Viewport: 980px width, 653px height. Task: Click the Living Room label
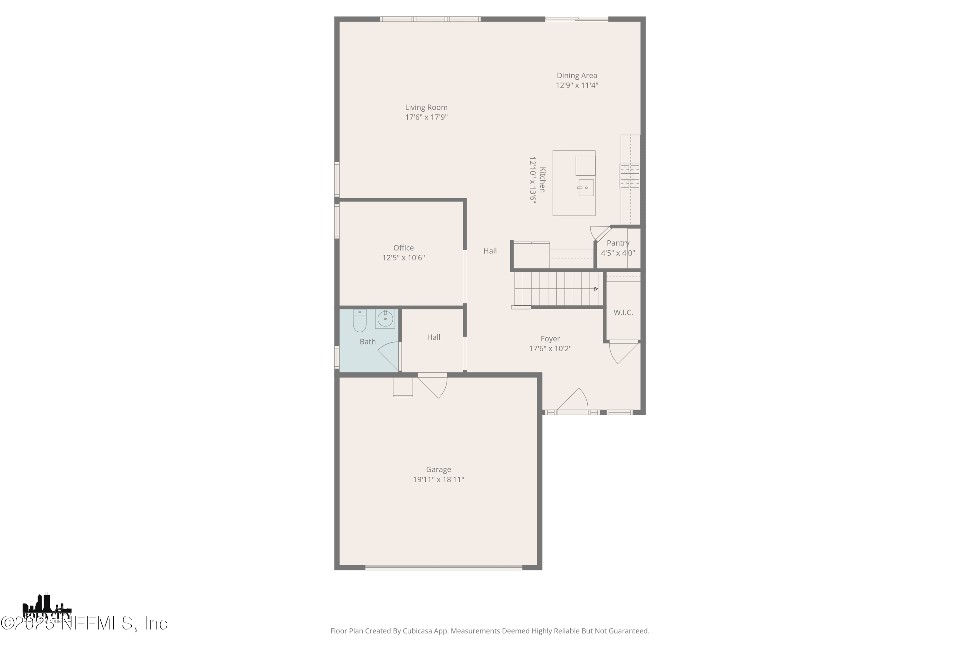426,107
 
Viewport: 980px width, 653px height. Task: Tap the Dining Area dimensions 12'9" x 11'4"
577,85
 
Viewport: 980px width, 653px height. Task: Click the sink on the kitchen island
586,188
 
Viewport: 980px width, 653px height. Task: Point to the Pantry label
618,243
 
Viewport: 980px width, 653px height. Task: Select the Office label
403,248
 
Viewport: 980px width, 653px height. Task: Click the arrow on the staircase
596,289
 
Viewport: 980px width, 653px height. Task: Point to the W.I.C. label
623,312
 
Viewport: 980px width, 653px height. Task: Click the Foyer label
550,339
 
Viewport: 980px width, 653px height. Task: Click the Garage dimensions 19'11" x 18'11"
438,479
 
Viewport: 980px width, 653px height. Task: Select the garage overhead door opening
444,567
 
